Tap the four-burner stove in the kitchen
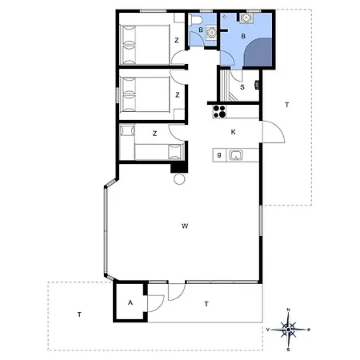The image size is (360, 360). (219, 111)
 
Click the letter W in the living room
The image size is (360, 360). (185, 226)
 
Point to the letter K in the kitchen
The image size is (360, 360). (233, 132)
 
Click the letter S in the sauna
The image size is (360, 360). (242, 87)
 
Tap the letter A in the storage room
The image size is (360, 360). (130, 302)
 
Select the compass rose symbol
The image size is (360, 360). (288, 330)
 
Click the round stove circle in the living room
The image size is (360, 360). (179, 178)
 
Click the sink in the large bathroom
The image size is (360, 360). (246, 18)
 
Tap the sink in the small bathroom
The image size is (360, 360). (211, 32)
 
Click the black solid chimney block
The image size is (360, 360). (179, 168)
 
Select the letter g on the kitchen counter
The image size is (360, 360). (219, 154)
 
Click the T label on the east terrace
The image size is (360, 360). (287, 105)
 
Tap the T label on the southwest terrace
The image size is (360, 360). (79, 314)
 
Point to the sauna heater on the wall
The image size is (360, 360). (258, 85)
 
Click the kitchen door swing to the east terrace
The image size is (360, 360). (274, 132)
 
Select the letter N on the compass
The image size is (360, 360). (288, 310)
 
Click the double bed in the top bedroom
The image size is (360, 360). (145, 45)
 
